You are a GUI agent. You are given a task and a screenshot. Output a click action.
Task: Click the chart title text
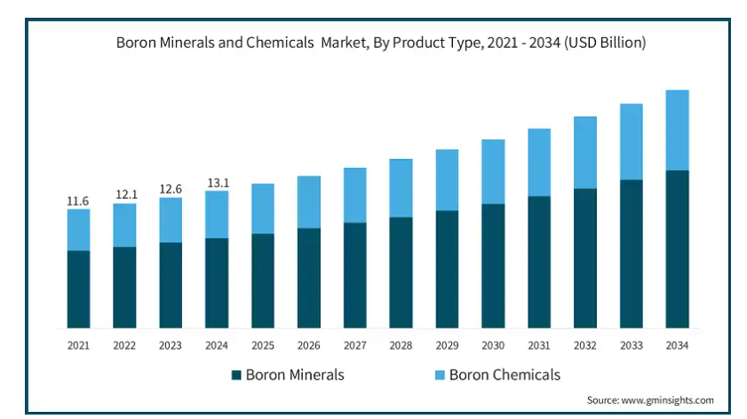[x=381, y=42]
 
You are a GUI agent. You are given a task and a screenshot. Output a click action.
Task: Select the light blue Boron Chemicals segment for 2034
[x=678, y=130]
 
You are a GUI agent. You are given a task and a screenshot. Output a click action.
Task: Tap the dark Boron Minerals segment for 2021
[x=78, y=289]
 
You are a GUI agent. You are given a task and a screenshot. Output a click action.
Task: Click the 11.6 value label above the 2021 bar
[x=78, y=202]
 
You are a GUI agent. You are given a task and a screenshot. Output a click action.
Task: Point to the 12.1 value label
[x=124, y=194]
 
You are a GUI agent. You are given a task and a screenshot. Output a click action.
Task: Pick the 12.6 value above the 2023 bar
[x=171, y=188]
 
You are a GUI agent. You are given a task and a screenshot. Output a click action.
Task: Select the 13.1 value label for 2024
[x=217, y=183]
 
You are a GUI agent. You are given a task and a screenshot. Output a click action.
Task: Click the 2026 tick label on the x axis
[x=309, y=344]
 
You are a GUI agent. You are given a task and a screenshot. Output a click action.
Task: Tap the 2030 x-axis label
[x=493, y=344]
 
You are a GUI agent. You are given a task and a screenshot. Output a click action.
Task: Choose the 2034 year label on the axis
[x=678, y=344]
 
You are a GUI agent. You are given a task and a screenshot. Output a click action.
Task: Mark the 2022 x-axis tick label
[x=124, y=344]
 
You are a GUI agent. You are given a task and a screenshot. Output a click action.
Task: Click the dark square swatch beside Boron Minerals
[x=236, y=375]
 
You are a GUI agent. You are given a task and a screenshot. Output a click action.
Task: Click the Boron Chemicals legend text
[x=505, y=375]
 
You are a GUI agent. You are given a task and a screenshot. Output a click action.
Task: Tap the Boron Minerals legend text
[x=294, y=375]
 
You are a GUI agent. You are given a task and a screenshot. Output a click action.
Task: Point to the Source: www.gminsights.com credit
[x=650, y=399]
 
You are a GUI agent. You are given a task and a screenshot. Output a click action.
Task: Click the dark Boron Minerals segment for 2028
[x=401, y=273]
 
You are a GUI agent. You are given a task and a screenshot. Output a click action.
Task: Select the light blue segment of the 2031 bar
[x=539, y=162]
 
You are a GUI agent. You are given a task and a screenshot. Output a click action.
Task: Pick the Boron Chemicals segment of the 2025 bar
[x=263, y=209]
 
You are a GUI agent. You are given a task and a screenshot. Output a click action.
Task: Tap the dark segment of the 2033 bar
[x=632, y=254]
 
